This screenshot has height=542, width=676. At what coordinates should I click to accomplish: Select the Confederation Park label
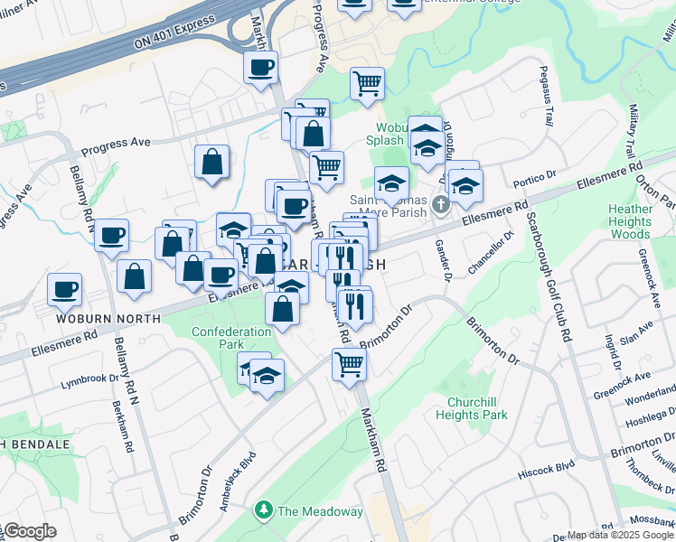(x=231, y=338)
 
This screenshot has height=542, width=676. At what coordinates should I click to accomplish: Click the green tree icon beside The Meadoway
(x=264, y=511)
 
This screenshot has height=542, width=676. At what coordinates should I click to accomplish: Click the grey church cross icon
(x=440, y=203)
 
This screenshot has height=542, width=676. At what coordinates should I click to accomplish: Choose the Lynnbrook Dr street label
(x=89, y=378)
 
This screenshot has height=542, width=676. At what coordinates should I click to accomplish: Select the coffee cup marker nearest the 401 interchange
(x=260, y=67)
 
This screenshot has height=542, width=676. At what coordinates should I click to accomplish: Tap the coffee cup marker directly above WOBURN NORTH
(x=64, y=289)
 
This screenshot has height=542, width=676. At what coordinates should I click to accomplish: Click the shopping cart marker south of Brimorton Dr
(x=348, y=364)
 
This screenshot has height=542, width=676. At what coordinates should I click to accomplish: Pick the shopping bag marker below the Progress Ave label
(x=211, y=163)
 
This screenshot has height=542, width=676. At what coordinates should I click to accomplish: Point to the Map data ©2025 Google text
(x=619, y=535)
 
